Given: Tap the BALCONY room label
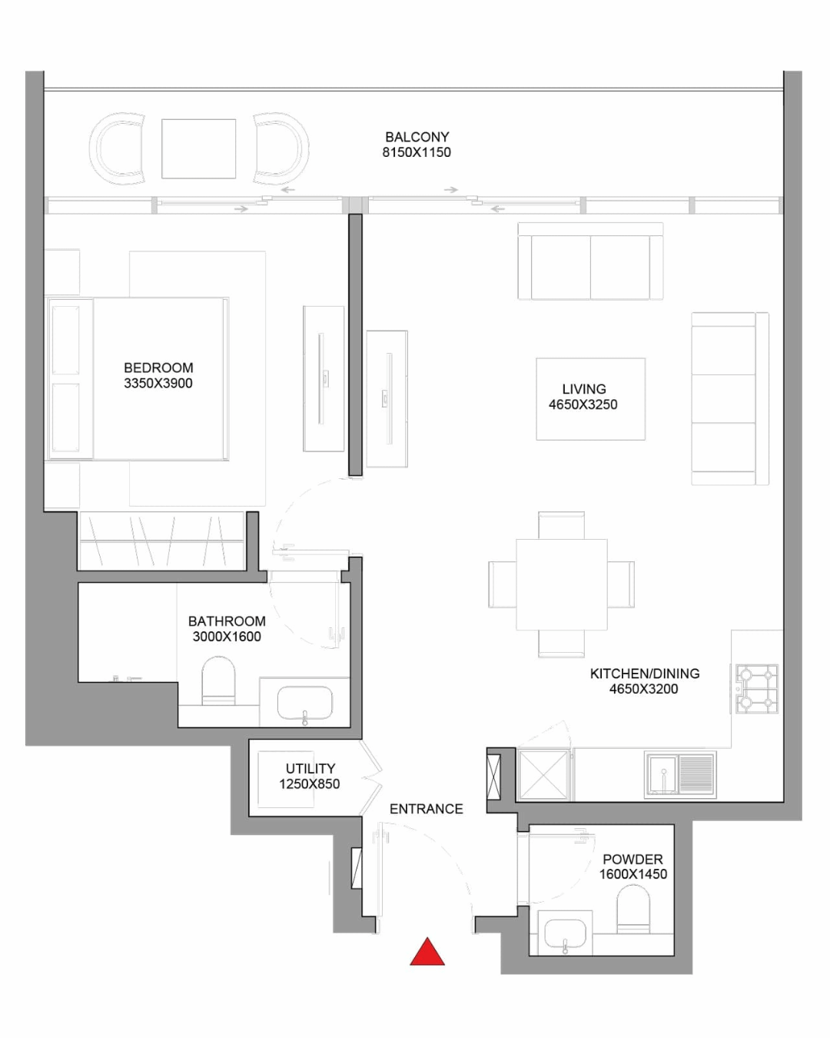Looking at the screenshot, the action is tap(417, 137).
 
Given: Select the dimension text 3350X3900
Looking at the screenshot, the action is tap(158, 384).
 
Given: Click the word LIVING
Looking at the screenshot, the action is tap(583, 389).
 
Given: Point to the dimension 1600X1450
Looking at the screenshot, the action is tap(632, 874).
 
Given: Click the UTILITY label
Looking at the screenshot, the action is tap(310, 768).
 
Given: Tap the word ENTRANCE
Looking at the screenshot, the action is tap(427, 809).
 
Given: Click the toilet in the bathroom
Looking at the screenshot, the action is tap(218, 680).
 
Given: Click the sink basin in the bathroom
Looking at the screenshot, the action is tap(305, 702).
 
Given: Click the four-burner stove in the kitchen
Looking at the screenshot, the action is tap(757, 689).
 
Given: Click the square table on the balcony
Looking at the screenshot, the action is tap(199, 148).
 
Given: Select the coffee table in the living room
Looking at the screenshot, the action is tap(590, 399).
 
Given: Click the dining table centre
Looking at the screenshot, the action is tap(561, 584).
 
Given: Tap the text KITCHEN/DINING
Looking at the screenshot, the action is tap(644, 674).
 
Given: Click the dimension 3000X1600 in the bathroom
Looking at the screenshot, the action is tap(227, 636).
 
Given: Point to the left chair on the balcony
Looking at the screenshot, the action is tap(117, 148).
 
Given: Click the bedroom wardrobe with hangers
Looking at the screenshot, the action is tap(162, 541).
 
